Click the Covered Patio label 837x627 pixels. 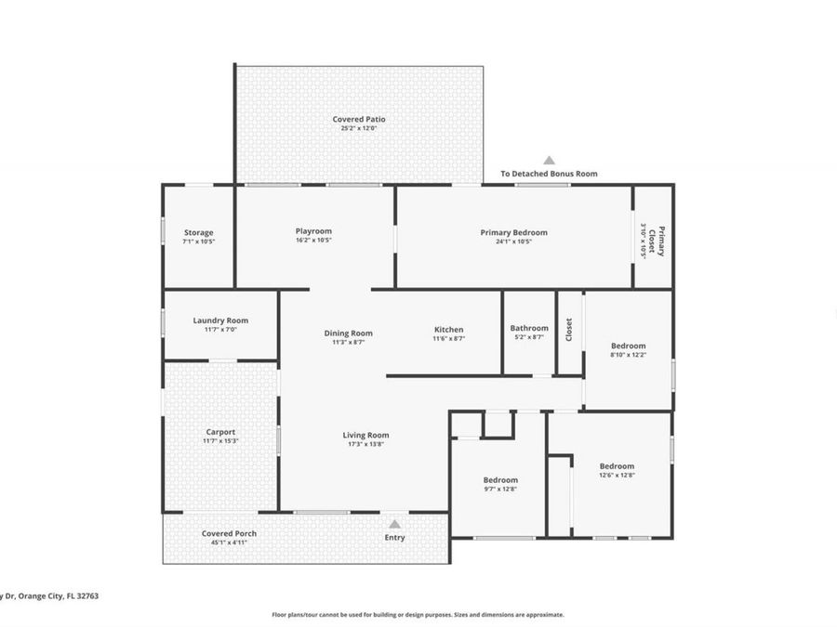tap(359, 119)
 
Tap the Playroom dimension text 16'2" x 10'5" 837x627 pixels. tap(313, 241)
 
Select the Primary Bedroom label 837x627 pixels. tap(513, 232)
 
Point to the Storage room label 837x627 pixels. tap(198, 232)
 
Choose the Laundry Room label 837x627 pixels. tap(220, 320)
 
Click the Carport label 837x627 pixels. tap(220, 431)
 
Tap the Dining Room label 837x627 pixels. tap(348, 333)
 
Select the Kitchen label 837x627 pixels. tap(448, 330)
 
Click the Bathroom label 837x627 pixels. tap(529, 328)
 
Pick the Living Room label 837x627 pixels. tap(365, 435)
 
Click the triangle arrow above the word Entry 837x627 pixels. tap(394, 524)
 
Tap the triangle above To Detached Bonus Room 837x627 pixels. tap(549, 160)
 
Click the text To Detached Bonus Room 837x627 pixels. tap(549, 174)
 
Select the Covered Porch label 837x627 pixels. tap(229, 533)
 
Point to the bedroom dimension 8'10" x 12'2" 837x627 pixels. tap(628, 355)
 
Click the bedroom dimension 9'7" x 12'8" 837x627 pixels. tap(499, 489)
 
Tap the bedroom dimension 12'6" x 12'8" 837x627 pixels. tap(617, 475)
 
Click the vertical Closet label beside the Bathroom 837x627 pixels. tap(569, 330)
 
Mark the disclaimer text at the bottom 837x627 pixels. tap(418, 614)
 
